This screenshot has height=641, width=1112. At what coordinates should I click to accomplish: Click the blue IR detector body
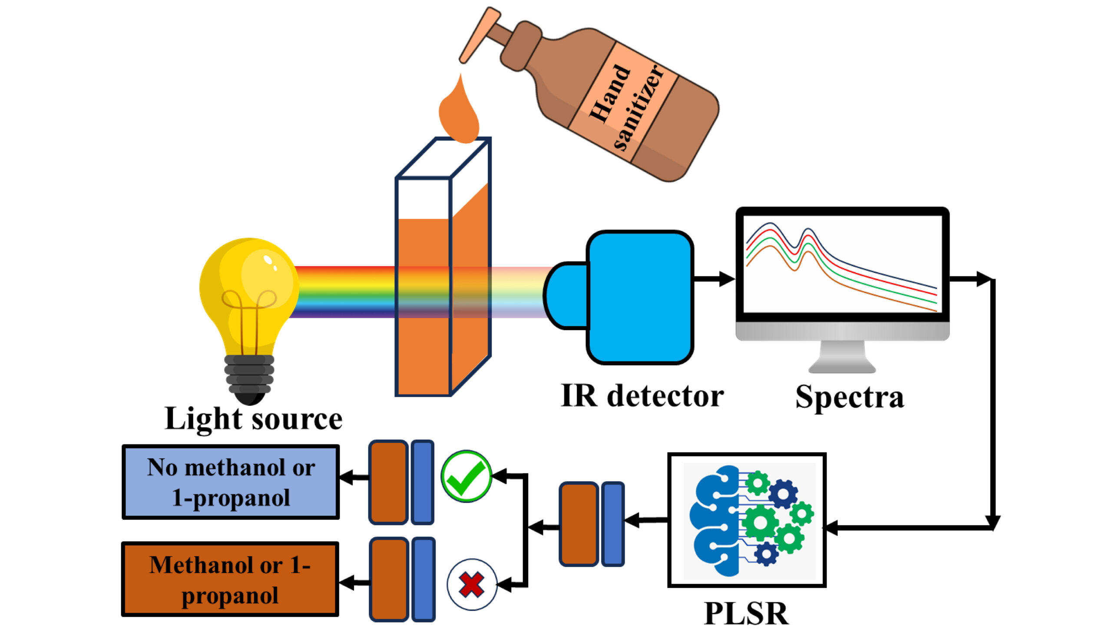pyautogui.click(x=640, y=297)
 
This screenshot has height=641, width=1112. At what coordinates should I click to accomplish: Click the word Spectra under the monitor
pyautogui.click(x=849, y=397)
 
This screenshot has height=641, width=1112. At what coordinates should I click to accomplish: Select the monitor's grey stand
pyautogui.click(x=842, y=357)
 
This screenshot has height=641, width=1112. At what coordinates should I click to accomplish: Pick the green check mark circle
pyautogui.click(x=466, y=477)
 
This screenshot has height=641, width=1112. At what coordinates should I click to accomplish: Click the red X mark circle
pyautogui.click(x=471, y=585)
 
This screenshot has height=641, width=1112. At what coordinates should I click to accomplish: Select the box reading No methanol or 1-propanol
pyautogui.click(x=230, y=483)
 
